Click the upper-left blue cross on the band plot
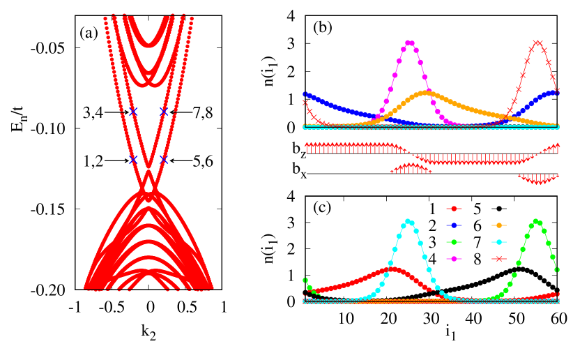point(133,111)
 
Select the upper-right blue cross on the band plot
point(164,111)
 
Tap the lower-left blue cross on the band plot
point(133,160)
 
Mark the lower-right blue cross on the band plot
point(164,160)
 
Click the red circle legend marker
point(454,209)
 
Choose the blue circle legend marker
point(454,225)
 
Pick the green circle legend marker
point(454,242)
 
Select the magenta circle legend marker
point(454,259)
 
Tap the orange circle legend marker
point(498,225)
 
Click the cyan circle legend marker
point(498,242)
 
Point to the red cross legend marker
point(498,259)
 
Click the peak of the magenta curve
point(409,43)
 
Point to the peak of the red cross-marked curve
point(537,43)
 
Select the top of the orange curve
point(425,92)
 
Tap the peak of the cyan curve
point(408,222)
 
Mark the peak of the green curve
point(535,222)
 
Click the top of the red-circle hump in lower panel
point(392,269)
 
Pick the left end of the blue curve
point(305,94)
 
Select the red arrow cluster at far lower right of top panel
point(538,179)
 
